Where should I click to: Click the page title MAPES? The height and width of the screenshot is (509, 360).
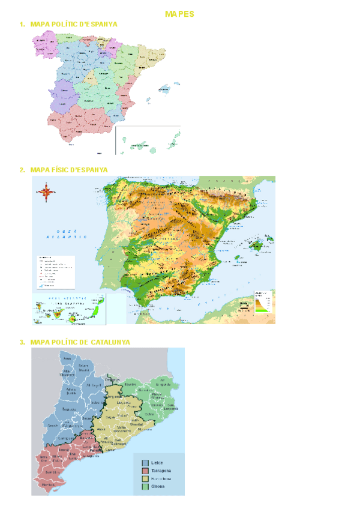(180, 14)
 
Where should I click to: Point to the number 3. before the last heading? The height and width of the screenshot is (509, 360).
(22, 342)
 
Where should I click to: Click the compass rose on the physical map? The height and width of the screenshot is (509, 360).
(46, 193)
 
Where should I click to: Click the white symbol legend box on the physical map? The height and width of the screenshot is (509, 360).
(55, 271)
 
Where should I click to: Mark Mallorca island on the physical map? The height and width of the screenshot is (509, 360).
(250, 244)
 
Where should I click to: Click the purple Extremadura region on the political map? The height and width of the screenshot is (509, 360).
(61, 95)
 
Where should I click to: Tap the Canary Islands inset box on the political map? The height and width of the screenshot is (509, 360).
(148, 140)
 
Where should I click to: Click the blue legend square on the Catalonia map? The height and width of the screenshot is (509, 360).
(145, 463)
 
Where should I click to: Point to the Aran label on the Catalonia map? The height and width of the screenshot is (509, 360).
(67, 359)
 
